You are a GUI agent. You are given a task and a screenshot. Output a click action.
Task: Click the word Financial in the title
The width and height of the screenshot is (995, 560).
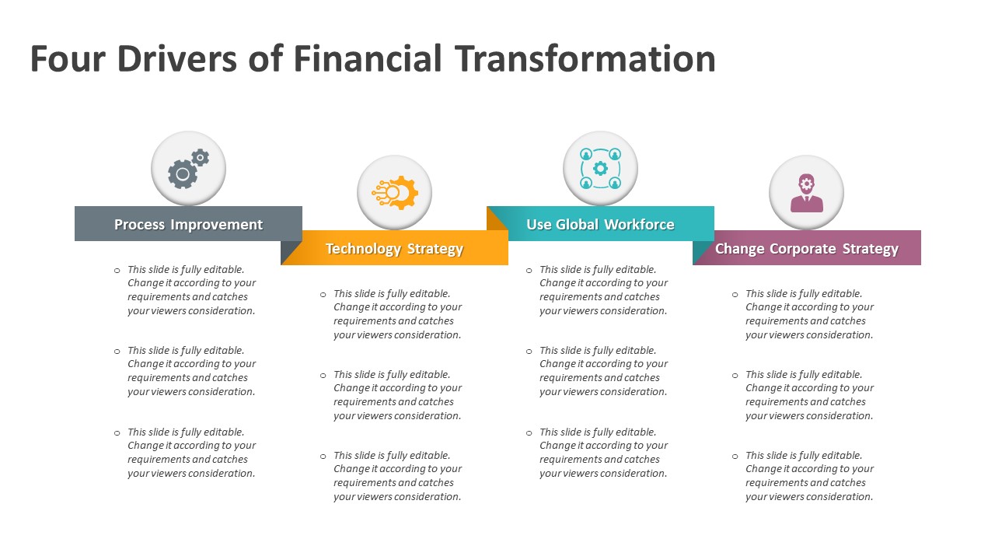(368, 58)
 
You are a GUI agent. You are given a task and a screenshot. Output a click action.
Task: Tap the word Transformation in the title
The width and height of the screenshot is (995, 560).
(585, 58)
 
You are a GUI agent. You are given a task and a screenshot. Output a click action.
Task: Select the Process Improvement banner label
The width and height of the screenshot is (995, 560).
(188, 224)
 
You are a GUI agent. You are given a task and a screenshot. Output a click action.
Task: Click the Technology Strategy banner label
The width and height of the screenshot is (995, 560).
(394, 248)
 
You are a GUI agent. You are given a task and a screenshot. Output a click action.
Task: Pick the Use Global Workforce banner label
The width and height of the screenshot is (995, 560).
(600, 224)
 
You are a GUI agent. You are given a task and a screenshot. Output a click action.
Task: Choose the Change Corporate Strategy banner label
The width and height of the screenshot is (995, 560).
(806, 248)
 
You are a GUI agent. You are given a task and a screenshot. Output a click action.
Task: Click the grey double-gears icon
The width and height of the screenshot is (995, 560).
(188, 169)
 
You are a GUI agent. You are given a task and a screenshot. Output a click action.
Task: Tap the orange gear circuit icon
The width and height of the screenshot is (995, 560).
(395, 192)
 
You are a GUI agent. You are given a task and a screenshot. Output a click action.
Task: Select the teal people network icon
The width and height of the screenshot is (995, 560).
(600, 169)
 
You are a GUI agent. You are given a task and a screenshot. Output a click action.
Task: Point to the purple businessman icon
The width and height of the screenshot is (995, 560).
(807, 193)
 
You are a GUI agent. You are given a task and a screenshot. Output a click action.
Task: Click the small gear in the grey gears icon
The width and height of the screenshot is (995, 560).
(201, 157)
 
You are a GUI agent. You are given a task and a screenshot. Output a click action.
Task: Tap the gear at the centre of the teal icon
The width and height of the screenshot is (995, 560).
(600, 169)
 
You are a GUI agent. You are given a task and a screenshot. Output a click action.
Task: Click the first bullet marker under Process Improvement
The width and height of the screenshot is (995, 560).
(117, 270)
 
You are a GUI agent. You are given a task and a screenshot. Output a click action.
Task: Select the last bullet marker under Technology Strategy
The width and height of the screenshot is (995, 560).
(323, 456)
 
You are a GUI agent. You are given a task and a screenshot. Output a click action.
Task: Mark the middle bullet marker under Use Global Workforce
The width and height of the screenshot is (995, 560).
(529, 351)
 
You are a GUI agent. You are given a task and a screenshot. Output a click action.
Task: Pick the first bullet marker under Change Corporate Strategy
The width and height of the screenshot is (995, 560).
(735, 294)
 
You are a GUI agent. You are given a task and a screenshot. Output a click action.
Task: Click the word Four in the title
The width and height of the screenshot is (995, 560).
(68, 58)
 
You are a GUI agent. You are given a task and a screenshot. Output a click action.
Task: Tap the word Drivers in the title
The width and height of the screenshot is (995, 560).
(176, 58)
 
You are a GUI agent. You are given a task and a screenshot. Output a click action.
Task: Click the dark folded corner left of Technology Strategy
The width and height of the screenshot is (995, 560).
(291, 253)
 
